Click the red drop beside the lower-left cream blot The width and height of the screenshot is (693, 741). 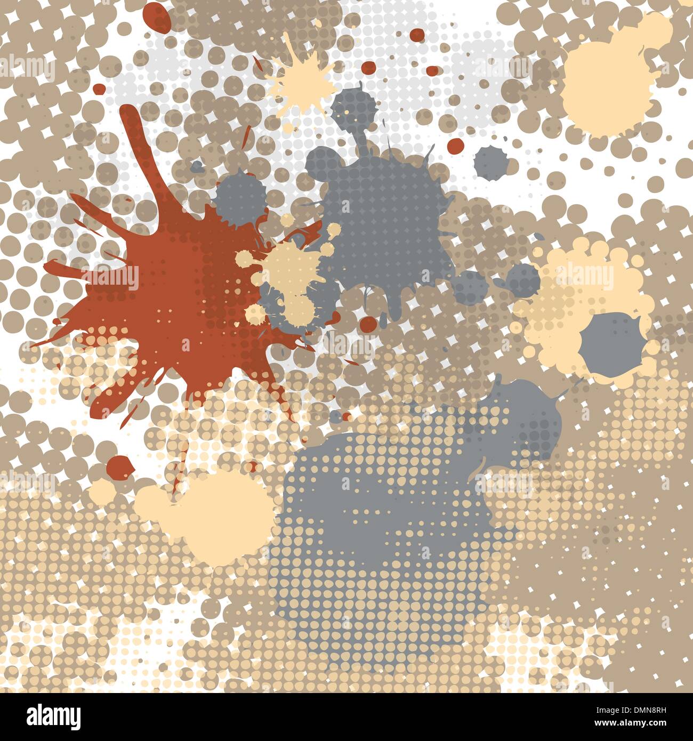pyautogui.click(x=120, y=467)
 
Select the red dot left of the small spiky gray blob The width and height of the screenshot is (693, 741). pyautogui.click(x=456, y=145)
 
